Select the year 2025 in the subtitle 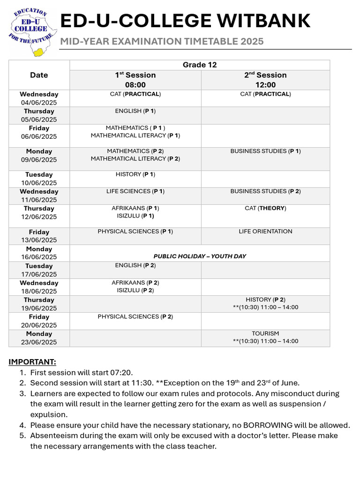pyautogui.click(x=253, y=42)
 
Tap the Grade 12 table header pyautogui.click(x=200, y=65)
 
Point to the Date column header pyautogui.click(x=39, y=75)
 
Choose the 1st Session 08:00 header pyautogui.click(x=135, y=80)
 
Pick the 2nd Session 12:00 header pyautogui.click(x=265, y=80)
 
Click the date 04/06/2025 pyautogui.click(x=39, y=102)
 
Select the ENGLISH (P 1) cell pyautogui.click(x=135, y=111)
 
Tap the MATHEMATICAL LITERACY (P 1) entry pyautogui.click(x=135, y=135)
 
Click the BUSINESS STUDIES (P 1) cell pyautogui.click(x=265, y=151)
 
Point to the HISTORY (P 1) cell pyautogui.click(x=135, y=174)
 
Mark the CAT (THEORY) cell pyautogui.click(x=265, y=208)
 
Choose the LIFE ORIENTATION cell pyautogui.click(x=265, y=232)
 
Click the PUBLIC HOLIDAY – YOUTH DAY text pyautogui.click(x=200, y=256)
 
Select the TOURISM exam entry pyautogui.click(x=265, y=333)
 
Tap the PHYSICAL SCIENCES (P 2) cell pyautogui.click(x=135, y=317)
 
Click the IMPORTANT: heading pyautogui.click(x=32, y=362)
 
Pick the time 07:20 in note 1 pyautogui.click(x=123, y=373)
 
